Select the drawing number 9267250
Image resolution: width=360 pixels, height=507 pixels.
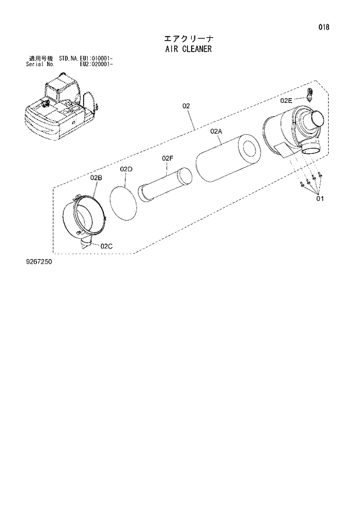(38, 262)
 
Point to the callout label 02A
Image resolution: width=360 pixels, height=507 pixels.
(217, 132)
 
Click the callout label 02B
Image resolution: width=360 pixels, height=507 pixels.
(96, 177)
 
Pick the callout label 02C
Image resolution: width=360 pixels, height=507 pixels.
(106, 246)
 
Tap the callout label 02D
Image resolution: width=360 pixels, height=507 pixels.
(127, 169)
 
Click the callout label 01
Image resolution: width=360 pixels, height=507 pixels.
(320, 199)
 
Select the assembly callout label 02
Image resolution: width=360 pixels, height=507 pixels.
(186, 106)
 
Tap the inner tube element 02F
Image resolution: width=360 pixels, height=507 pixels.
(165, 185)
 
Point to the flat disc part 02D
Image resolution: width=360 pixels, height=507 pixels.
(123, 198)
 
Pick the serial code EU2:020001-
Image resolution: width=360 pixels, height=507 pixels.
(96, 64)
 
